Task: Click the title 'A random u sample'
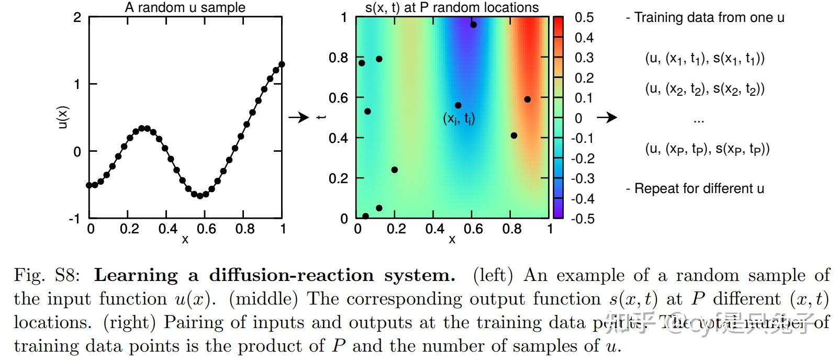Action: point(185,7)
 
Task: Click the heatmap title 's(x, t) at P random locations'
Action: point(452,7)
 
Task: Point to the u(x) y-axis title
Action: point(63,117)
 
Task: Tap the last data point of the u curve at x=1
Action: point(282,64)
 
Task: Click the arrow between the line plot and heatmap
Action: point(299,117)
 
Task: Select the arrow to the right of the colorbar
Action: point(607,117)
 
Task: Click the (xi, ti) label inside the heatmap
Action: point(459,119)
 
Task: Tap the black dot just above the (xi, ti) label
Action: point(458,105)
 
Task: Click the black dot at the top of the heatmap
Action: point(473,25)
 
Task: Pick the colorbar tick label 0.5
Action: point(584,17)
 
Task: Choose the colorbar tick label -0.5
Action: point(582,218)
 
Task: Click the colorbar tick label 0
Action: point(578,118)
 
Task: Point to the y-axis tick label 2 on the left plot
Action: point(77,17)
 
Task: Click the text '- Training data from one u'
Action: point(705,17)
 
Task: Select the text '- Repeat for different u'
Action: point(695,188)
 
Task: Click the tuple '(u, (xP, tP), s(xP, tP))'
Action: point(707,149)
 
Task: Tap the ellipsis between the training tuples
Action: point(699,120)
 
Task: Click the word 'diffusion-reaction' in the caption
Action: point(291,275)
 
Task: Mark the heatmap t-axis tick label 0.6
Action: point(338,98)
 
